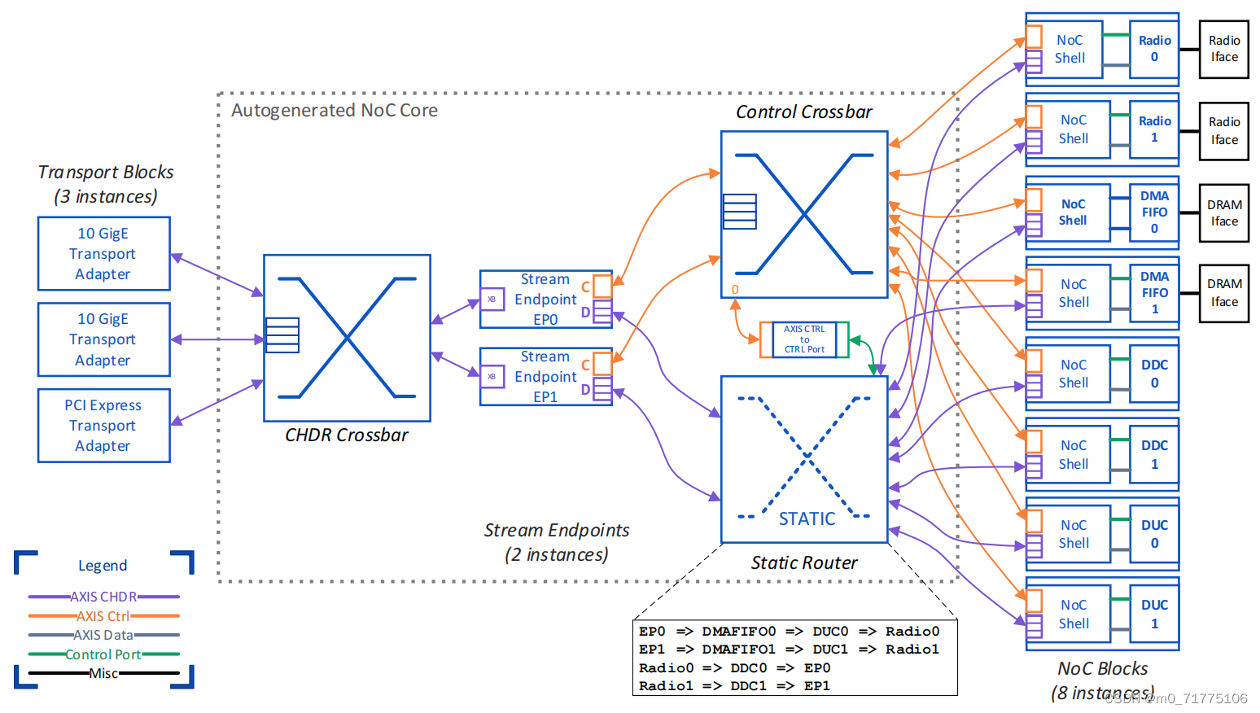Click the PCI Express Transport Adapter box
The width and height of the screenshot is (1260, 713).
[x=103, y=425]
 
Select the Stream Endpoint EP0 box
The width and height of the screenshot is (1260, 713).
[x=544, y=300]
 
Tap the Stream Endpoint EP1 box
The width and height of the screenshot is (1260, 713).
[x=544, y=377]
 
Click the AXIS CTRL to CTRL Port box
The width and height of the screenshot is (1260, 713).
[x=804, y=339]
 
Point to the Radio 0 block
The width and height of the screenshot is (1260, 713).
[x=1153, y=49]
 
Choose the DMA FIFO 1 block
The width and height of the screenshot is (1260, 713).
[x=1153, y=292]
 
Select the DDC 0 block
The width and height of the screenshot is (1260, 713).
[x=1153, y=374]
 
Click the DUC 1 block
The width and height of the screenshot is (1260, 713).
[x=1153, y=615]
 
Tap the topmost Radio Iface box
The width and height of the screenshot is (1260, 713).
[x=1223, y=49]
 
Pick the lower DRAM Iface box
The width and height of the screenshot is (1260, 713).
[x=1223, y=293]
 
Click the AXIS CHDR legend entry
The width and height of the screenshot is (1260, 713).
[x=103, y=597]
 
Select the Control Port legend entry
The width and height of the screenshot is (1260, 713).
[x=103, y=654]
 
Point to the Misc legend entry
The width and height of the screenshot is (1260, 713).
[x=103, y=673]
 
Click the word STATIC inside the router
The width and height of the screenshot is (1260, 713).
[x=807, y=519]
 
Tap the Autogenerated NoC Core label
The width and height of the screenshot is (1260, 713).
[x=335, y=111]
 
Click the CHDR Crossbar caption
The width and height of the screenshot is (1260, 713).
[x=347, y=435]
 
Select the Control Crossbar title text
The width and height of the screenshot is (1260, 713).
[x=803, y=112]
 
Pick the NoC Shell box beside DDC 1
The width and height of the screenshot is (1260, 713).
[x=1073, y=454]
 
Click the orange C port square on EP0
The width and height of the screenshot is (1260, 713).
[x=602, y=286]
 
